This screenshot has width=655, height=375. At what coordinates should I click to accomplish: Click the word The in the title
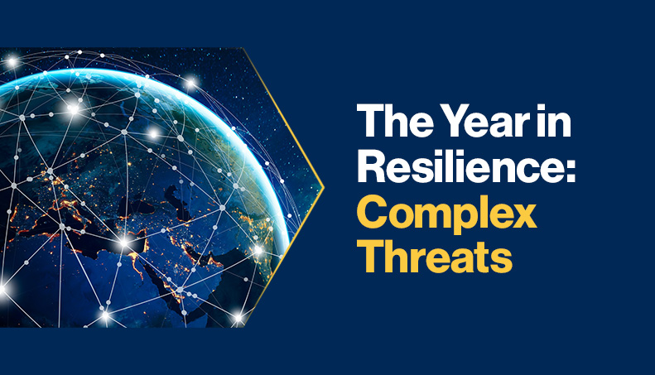pos(388,124)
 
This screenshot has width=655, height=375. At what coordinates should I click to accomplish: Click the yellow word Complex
pos(446,214)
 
